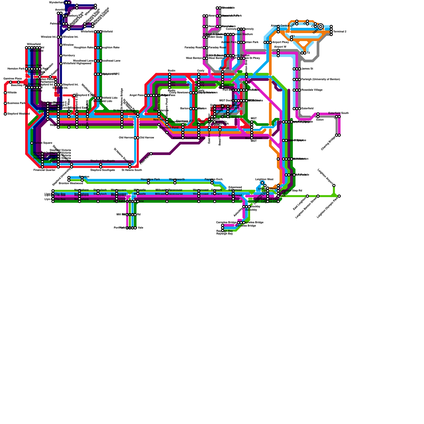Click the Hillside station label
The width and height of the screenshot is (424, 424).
pos(12,93)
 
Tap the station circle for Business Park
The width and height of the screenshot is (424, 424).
pos(5,103)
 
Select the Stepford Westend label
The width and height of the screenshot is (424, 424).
pos(19,114)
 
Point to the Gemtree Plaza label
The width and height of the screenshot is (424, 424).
pos(12,79)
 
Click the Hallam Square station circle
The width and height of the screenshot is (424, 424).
pos(32,143)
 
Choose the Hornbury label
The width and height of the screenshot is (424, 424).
pos(69,56)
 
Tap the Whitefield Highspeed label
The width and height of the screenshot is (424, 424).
pos(77,64)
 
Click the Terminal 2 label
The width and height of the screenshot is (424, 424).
pos(340,32)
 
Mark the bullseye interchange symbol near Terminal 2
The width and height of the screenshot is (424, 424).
pos(321,26)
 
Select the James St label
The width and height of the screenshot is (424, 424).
pos(307,69)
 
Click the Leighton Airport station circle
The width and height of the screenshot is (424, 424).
pos(334,185)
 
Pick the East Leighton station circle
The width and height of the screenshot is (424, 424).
pos(307,196)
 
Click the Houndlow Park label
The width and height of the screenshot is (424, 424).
pos(150,179)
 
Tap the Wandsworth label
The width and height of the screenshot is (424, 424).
pos(177,179)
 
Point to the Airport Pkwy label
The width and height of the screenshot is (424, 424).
pos(280,42)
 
